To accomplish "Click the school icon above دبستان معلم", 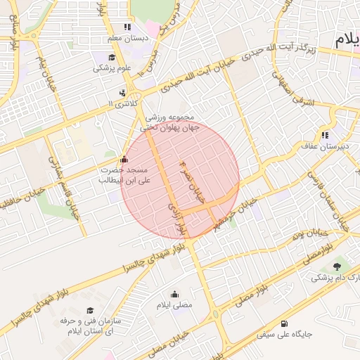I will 127,27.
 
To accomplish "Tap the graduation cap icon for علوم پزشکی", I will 112,58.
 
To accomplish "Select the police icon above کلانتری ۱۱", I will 124,92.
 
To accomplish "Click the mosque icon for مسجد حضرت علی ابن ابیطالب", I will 124,159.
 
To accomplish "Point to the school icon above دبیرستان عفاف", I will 324,135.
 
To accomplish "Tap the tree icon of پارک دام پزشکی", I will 337,266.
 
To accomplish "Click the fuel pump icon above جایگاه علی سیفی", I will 284,324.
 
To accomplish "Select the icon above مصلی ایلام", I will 174,294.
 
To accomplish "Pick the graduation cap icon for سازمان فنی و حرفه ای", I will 89,310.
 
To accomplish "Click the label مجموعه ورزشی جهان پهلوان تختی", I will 169,122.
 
